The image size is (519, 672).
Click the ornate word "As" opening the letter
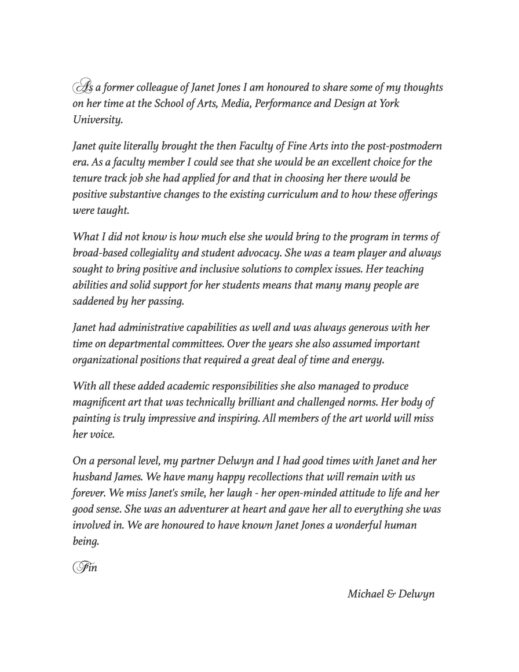pyautogui.click(x=82, y=87)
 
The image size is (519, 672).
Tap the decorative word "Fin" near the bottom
pyautogui.click(x=85, y=567)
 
